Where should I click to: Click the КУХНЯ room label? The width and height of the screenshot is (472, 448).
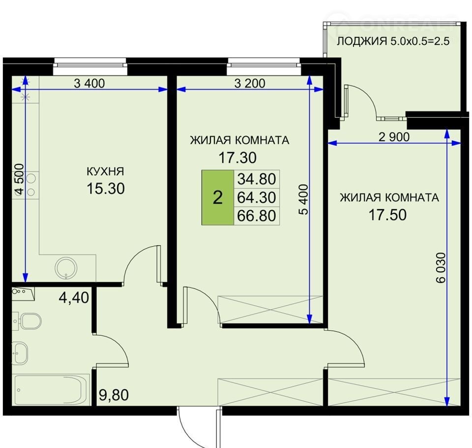point(105,171)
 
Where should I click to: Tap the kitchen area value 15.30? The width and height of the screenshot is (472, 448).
point(106,189)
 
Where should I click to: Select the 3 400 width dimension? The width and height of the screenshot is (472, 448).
point(89,83)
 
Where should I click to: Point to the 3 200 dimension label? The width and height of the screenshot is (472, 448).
point(250,83)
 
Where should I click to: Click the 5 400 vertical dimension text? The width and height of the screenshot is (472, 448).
point(304,199)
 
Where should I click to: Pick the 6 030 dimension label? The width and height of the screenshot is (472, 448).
point(441,268)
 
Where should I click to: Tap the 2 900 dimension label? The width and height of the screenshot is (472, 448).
point(394,137)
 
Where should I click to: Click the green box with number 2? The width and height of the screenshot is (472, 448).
point(218,197)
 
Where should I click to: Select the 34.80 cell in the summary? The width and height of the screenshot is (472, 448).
point(257,179)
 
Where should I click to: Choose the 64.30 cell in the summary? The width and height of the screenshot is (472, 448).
point(257,197)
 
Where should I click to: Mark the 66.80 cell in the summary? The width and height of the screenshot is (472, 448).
point(257,216)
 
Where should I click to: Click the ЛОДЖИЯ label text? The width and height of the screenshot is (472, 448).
point(362,41)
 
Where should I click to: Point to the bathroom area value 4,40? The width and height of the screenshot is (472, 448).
point(74,298)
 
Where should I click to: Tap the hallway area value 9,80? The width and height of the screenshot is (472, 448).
point(114,395)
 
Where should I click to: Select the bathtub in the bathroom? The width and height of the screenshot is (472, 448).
point(52,389)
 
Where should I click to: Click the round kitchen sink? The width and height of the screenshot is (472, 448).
point(66,268)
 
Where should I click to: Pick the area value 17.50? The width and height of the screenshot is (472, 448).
point(387,215)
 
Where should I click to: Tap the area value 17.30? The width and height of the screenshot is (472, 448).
point(237,158)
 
